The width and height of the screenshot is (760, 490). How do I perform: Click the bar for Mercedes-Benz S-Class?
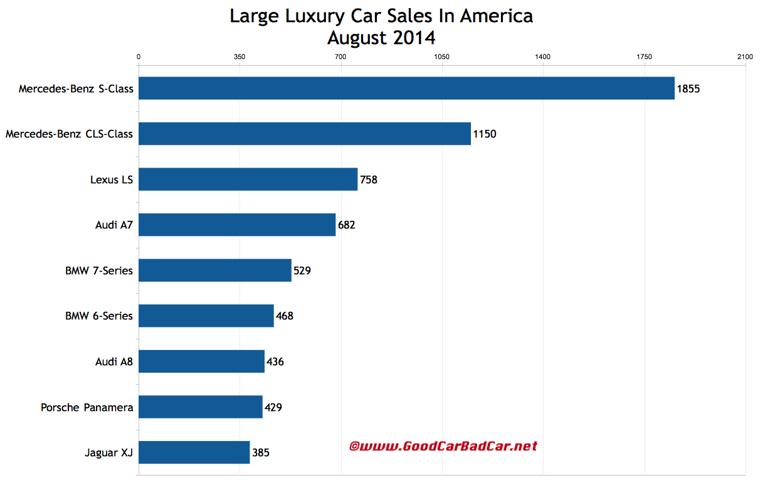coord(406,88)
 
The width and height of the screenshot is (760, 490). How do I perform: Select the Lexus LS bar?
coord(248,179)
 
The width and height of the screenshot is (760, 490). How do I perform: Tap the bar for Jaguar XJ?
coord(194,452)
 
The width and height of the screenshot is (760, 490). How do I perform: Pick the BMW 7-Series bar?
coord(214,270)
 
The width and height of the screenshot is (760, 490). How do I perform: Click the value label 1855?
coord(688,88)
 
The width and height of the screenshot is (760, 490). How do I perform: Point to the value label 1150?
coord(485,134)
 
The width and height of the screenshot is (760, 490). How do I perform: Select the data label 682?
coord(346,225)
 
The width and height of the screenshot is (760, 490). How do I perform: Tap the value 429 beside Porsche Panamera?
coord(273,407)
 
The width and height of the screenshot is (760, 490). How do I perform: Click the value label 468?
coord(284,316)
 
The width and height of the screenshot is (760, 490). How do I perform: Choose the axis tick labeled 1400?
coord(542,57)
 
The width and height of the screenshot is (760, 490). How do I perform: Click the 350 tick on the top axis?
coord(239,57)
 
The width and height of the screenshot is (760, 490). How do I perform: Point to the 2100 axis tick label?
coord(745,57)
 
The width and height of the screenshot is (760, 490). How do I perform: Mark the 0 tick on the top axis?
coord(139,57)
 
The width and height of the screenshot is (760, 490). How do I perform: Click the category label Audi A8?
coord(113,361)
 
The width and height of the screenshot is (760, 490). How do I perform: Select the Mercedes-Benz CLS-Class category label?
coord(69,134)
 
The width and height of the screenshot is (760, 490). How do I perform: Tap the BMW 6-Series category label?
coord(99,316)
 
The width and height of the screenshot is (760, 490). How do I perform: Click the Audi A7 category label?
coord(113,225)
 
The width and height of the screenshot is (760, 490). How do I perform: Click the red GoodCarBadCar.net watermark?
coord(443,446)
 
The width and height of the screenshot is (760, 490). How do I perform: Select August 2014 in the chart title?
coord(381,38)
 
